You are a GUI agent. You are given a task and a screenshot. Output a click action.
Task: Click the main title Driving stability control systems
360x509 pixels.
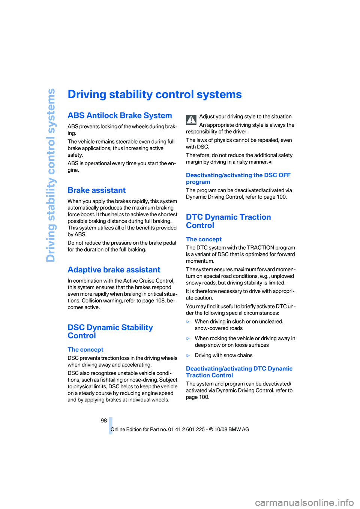click(154, 94)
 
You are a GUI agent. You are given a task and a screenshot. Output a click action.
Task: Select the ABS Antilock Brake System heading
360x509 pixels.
click(120, 115)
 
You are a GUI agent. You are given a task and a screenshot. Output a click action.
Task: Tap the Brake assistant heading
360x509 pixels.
click(96, 190)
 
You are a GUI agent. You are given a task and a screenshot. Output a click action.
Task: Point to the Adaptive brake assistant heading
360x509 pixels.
click(114, 270)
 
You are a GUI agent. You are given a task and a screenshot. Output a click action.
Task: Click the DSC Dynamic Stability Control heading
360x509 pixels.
click(110, 332)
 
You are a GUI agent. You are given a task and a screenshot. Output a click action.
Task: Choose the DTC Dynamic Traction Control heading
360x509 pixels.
click(228, 221)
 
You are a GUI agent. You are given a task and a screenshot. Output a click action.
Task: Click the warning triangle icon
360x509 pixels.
click(191, 120)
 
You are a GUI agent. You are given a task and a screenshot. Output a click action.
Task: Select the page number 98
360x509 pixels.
click(104, 421)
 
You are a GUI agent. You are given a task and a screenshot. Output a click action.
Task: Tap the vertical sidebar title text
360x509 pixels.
click(51, 175)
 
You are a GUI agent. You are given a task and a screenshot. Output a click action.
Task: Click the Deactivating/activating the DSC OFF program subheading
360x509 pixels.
click(238, 178)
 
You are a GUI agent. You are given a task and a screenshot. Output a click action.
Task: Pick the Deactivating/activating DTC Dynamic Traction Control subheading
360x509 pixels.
click(239, 372)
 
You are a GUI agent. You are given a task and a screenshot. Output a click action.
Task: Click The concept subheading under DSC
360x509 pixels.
click(85, 350)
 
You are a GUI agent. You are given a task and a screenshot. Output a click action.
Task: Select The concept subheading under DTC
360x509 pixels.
click(204, 240)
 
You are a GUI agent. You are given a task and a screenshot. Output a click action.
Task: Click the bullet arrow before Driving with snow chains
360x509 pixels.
click(188, 356)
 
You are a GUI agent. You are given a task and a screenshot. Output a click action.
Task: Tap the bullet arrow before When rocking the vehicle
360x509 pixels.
click(188, 339)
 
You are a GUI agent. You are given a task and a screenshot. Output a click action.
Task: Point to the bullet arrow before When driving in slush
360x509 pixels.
click(188, 322)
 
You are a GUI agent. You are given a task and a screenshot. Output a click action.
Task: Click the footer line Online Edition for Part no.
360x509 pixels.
click(180, 430)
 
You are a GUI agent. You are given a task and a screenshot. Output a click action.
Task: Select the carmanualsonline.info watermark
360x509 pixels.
click(304, 502)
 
